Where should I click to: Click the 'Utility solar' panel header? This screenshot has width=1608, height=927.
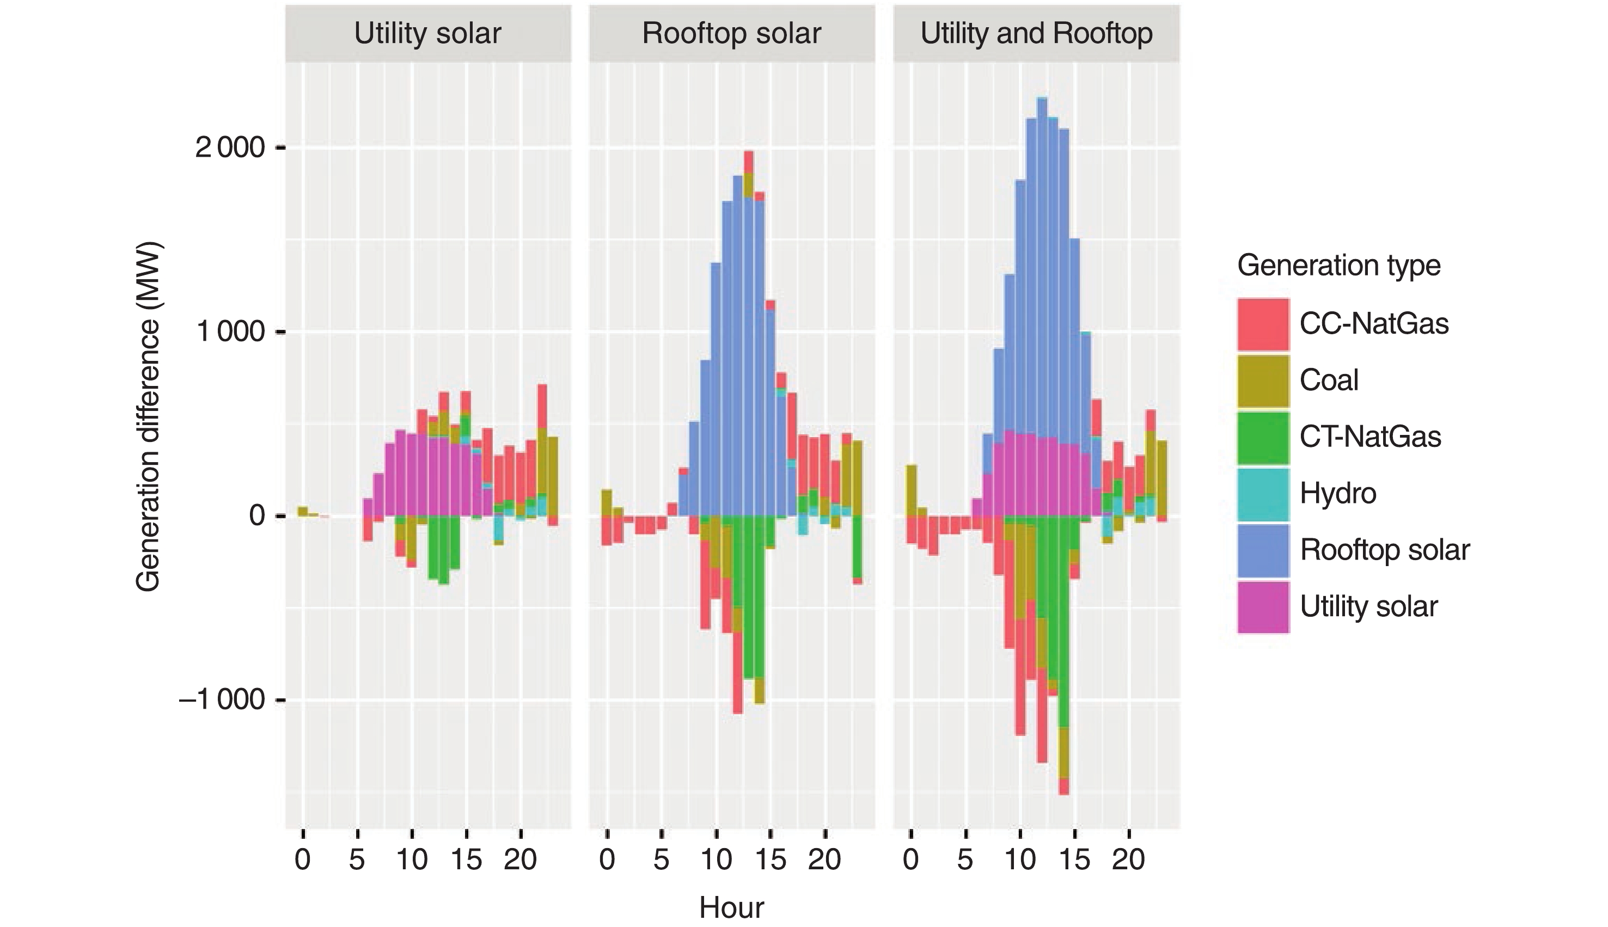click(427, 33)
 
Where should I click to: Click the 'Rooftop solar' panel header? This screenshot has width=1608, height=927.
click(731, 33)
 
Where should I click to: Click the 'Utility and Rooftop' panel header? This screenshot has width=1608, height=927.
click(1036, 33)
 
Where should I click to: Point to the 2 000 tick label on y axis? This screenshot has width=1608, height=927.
click(230, 148)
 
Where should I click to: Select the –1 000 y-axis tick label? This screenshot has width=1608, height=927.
click(222, 699)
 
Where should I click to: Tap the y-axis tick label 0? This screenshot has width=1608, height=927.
click(257, 515)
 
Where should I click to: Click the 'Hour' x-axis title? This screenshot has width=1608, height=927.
click(731, 907)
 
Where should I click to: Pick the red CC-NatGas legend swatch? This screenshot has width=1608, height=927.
click(1263, 324)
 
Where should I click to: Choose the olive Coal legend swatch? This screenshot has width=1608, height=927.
click(1263, 380)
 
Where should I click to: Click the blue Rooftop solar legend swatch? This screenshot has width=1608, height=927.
click(1263, 551)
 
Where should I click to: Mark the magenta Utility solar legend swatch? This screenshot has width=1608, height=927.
click(1263, 607)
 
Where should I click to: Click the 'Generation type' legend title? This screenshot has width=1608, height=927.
click(1338, 265)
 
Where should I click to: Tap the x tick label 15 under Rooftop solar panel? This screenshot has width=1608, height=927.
click(771, 860)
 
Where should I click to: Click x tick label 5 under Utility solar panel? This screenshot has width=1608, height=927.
click(357, 860)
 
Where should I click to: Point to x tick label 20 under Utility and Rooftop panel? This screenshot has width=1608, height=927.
click(1128, 860)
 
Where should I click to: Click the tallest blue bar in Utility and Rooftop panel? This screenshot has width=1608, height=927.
click(1042, 267)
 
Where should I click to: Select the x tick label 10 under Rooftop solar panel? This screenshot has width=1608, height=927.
click(716, 860)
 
